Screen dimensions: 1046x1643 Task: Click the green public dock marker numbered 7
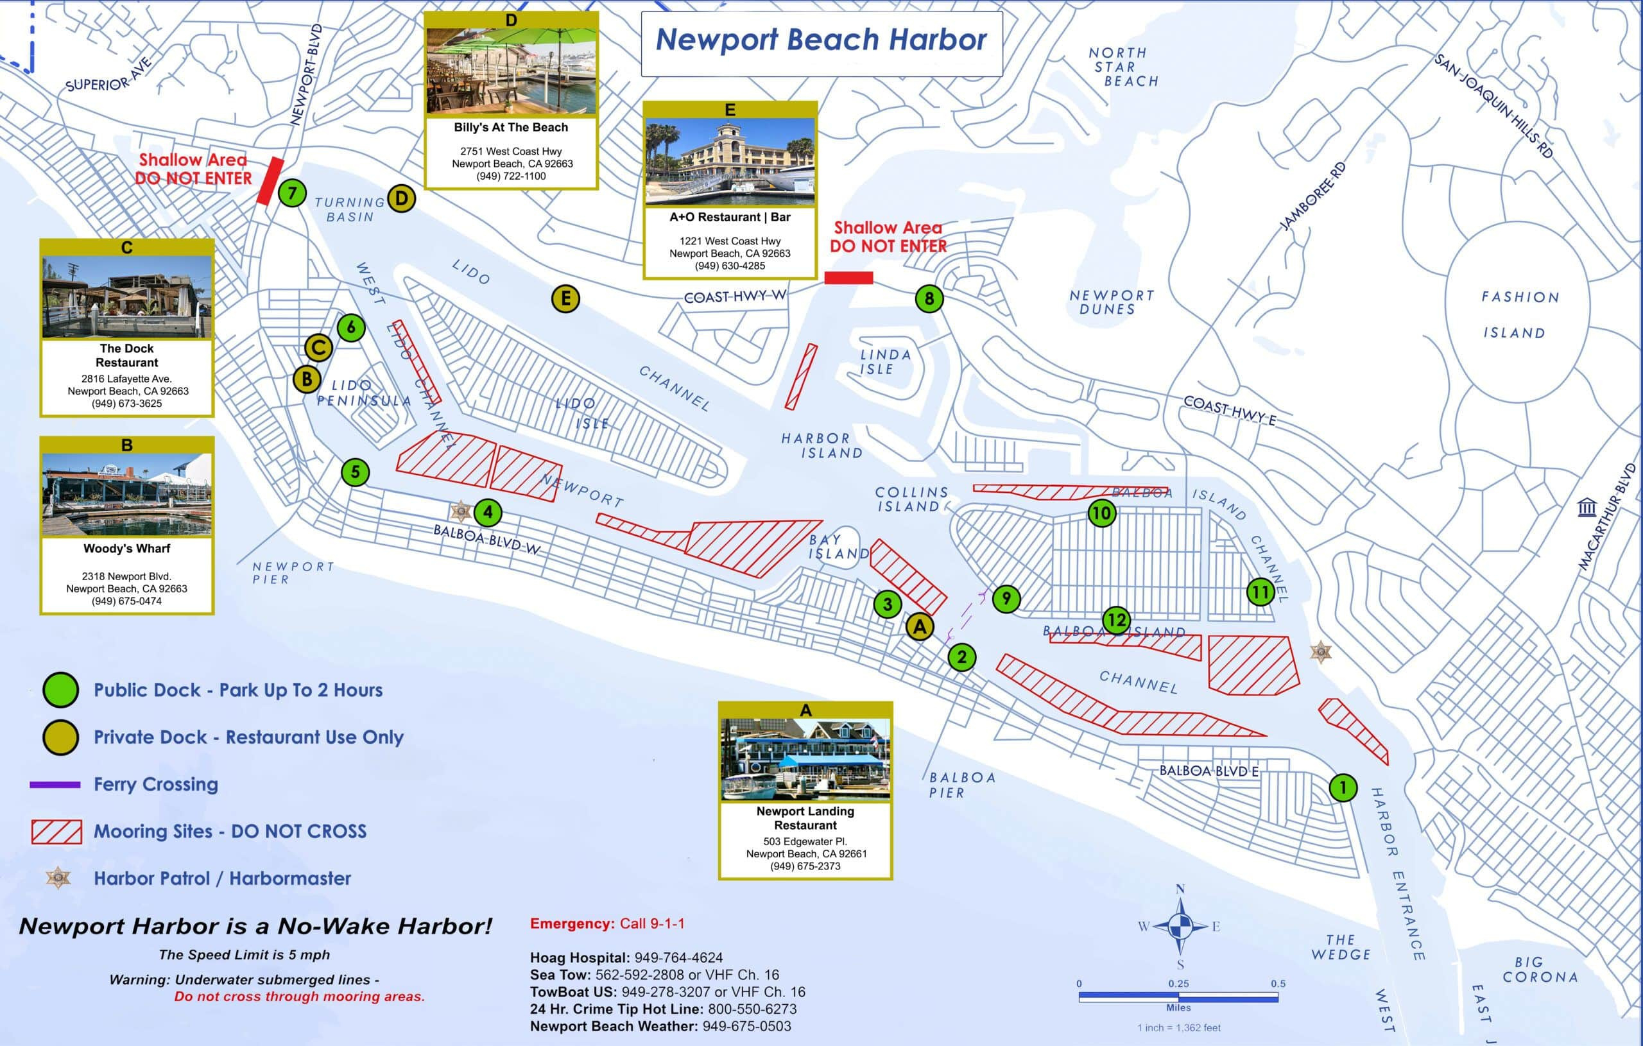[292, 193]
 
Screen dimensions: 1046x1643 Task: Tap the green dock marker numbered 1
[1343, 787]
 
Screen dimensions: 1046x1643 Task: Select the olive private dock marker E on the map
[565, 298]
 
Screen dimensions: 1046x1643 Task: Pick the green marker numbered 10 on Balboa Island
[1101, 513]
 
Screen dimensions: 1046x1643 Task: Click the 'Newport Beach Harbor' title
[821, 40]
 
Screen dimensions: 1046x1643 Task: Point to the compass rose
[1180, 926]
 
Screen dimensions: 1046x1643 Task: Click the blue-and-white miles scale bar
[1178, 998]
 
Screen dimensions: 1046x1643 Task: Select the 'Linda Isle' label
[885, 362]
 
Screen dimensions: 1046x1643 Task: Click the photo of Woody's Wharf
[127, 495]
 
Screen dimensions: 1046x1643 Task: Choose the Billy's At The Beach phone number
[511, 176]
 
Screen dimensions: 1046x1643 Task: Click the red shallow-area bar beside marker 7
[270, 181]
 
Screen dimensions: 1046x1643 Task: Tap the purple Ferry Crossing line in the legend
[55, 785]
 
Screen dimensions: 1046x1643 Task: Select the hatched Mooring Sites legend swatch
[56, 832]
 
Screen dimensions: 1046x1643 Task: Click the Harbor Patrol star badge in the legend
[58, 878]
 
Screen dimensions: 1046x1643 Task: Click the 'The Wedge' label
[1340, 947]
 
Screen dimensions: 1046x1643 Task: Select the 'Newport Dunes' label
[1111, 302]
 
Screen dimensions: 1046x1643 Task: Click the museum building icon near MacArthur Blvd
[1587, 508]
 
